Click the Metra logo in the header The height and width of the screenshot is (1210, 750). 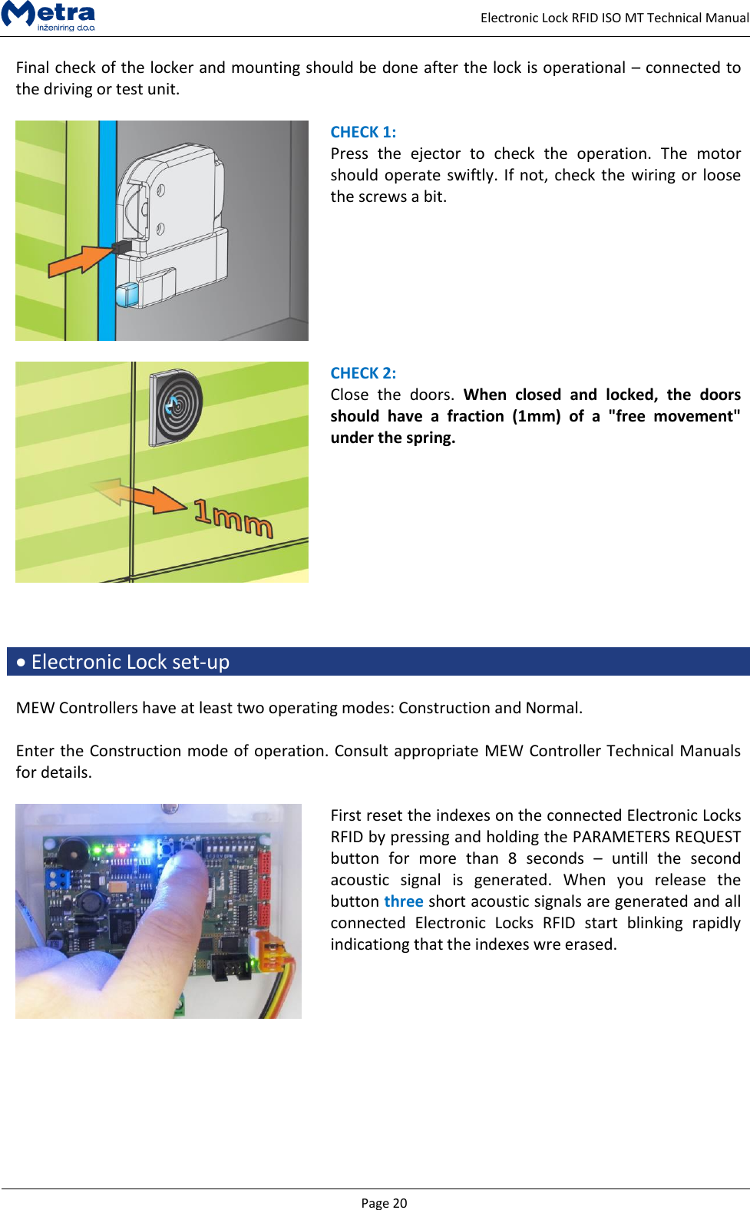[x=48, y=15]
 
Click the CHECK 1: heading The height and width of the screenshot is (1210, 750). [x=363, y=132]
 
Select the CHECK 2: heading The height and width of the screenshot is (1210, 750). [x=363, y=373]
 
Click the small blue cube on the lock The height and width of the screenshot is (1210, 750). [x=127, y=295]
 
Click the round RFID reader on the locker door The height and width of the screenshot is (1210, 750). [x=176, y=407]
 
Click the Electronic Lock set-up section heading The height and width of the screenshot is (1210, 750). [x=130, y=662]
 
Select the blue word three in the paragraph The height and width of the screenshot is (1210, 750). [x=404, y=901]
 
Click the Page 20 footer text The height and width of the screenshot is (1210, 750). [x=384, y=1202]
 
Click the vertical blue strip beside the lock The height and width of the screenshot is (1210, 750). [x=107, y=230]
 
